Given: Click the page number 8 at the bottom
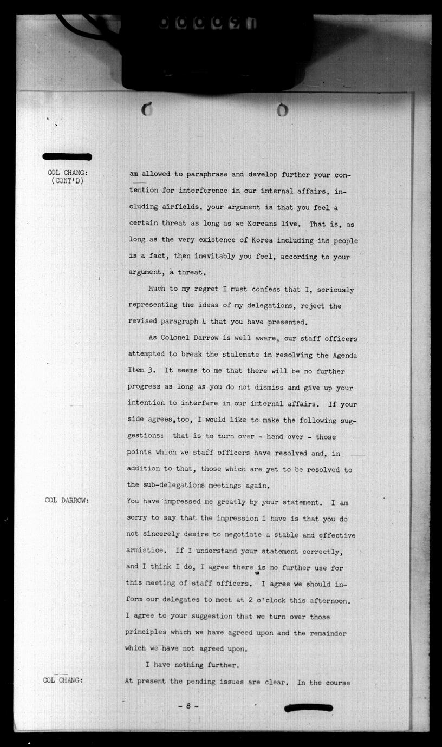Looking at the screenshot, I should tap(188, 706).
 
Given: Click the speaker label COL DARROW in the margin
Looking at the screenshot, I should tap(67, 500).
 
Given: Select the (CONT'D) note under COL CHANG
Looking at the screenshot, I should tap(68, 181).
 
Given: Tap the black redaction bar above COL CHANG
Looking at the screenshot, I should tap(67, 157).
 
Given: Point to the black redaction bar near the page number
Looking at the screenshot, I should tap(308, 707).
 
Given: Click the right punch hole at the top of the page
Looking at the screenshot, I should tap(282, 110).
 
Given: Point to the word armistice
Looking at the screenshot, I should tap(146, 551).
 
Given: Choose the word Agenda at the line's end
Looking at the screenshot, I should tap(343, 355).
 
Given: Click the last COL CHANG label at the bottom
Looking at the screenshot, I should tap(63, 680).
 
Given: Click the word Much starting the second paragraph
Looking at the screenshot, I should tap(158, 290).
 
